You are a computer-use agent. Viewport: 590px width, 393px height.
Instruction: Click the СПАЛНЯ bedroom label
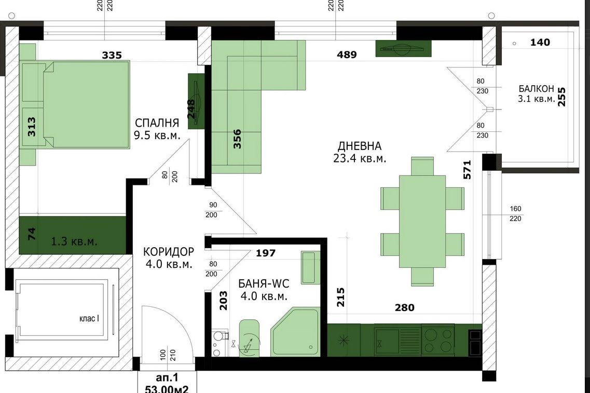click(x=157, y=123)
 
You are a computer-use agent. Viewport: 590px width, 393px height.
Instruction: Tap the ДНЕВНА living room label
click(x=359, y=146)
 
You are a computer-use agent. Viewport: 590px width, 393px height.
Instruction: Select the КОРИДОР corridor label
click(x=169, y=251)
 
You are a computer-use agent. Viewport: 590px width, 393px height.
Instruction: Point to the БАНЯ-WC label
click(x=264, y=284)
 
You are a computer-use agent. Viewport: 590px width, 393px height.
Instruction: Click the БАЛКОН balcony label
click(x=536, y=89)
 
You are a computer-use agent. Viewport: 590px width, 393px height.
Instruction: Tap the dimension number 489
click(x=347, y=55)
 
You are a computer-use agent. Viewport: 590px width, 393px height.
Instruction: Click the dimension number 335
click(x=112, y=56)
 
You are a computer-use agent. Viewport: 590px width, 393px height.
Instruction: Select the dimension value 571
click(x=466, y=170)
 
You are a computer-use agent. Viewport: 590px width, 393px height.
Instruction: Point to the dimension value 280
click(x=405, y=308)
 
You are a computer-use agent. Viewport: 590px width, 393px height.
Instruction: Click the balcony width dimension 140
click(x=540, y=42)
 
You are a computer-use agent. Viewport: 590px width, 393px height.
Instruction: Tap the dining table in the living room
click(x=422, y=221)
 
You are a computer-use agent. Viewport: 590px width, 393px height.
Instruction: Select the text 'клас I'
click(x=89, y=318)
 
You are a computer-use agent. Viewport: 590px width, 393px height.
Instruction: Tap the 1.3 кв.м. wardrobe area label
click(x=74, y=241)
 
